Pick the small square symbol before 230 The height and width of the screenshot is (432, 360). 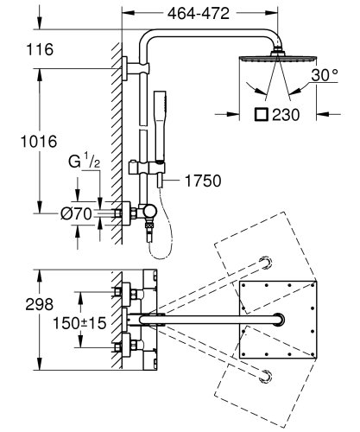pos(261,113)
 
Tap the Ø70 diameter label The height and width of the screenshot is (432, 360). pos(75,211)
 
